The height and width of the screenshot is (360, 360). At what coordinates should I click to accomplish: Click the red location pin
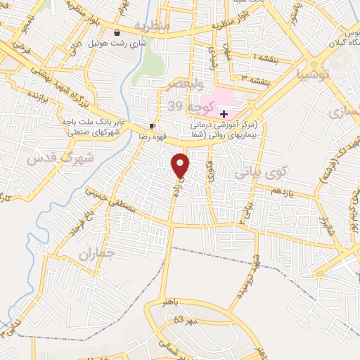[x=181, y=165]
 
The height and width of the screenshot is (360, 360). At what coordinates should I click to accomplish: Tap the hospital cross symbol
[x=224, y=114]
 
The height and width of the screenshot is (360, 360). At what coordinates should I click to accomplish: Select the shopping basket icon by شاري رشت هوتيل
[x=117, y=32]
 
